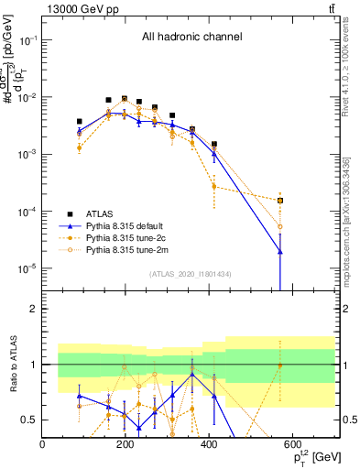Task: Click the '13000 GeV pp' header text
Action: (x=77, y=9)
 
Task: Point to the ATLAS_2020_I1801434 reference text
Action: (x=190, y=275)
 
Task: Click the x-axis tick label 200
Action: (x=126, y=444)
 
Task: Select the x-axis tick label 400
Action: (x=210, y=444)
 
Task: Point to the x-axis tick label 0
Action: (x=43, y=444)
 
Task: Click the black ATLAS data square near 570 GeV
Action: (x=280, y=201)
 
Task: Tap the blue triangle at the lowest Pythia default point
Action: (x=280, y=252)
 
